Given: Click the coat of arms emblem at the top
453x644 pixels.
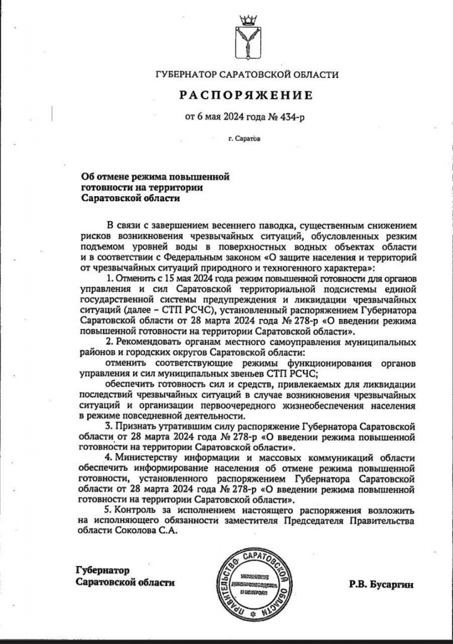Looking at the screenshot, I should click(246, 40).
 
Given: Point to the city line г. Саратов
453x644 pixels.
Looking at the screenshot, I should click(246, 137).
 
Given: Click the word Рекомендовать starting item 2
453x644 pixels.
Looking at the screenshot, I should click(151, 341).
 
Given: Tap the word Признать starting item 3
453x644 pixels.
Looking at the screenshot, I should click(134, 427).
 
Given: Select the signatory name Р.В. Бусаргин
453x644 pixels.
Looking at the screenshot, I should click(382, 584).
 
